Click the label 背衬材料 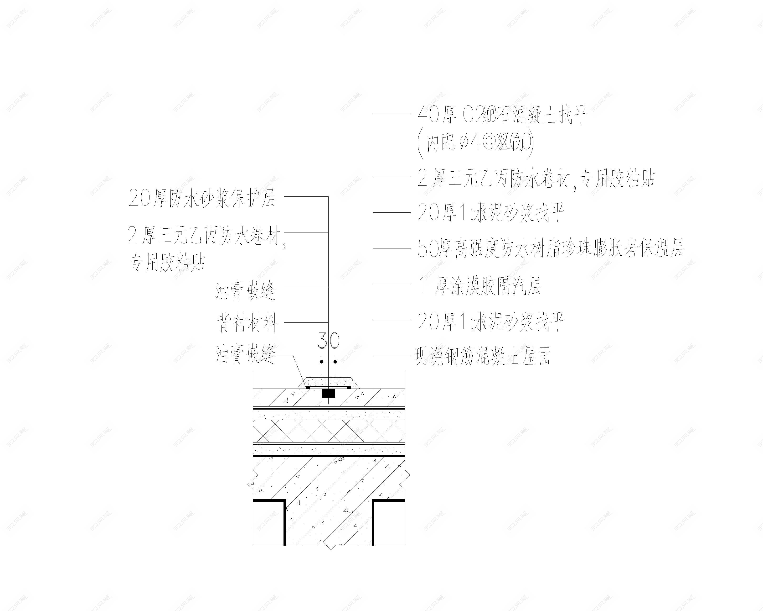point(247,323)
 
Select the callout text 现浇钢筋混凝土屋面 point(483,356)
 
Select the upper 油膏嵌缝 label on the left point(245,291)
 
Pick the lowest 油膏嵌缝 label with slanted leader point(245,355)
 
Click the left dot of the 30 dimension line point(322,362)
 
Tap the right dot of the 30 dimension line point(335,362)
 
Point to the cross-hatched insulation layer point(329,432)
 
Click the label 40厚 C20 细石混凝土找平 point(503,116)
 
